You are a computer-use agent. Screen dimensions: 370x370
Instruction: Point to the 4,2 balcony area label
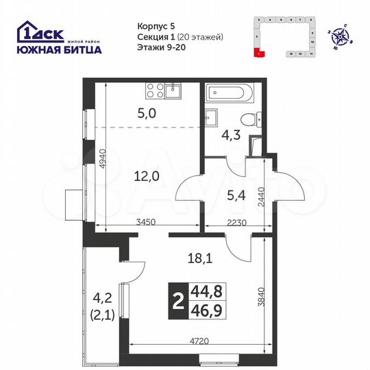click(101, 299)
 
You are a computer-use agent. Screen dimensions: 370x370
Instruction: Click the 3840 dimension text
click(272, 298)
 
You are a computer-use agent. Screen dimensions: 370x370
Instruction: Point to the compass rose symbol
click(339, 33)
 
